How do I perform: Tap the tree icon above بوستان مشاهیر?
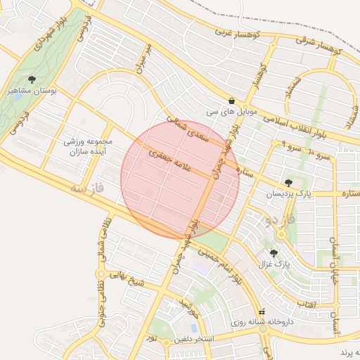(32, 79)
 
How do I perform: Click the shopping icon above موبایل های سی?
(232, 101)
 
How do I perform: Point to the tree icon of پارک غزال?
(274, 253)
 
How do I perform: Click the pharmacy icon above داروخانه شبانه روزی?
(262, 311)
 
